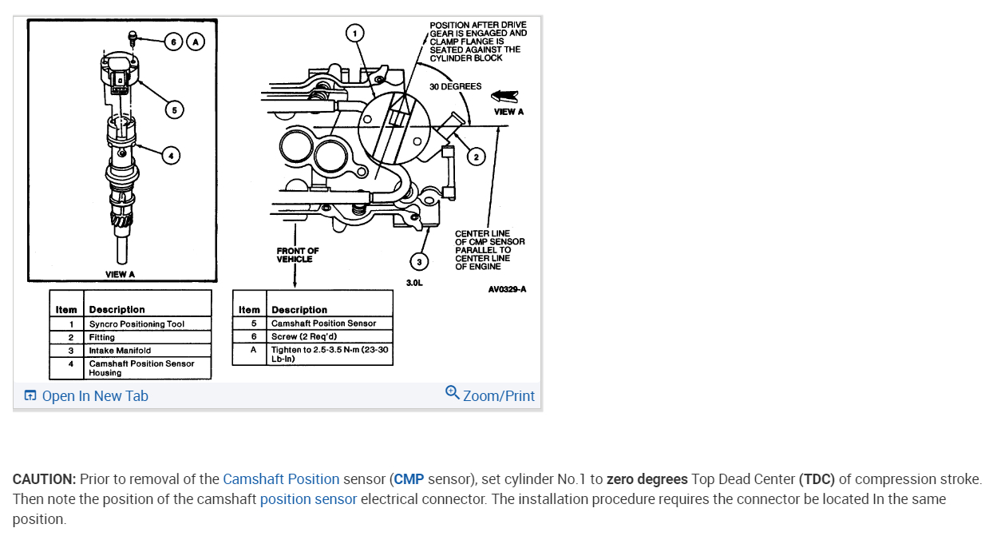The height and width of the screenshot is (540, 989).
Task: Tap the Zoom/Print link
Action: [490, 395]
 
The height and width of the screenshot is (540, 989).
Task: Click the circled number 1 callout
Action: [354, 33]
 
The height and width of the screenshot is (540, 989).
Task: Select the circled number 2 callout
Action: [475, 157]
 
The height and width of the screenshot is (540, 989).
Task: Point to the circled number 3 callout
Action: [418, 262]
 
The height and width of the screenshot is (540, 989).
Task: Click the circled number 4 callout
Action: [170, 156]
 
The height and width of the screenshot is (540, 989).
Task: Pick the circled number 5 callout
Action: [173, 109]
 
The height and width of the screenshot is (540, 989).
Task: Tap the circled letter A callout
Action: [196, 42]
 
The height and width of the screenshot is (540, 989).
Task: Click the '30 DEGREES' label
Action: [455, 86]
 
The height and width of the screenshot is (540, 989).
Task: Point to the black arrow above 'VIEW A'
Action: [504, 96]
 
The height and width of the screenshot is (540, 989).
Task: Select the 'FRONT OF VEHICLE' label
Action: [298, 255]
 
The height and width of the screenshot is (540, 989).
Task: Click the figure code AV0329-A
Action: [507, 289]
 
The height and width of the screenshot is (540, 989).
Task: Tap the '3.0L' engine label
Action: [414, 283]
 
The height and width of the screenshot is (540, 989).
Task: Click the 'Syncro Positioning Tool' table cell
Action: [136, 324]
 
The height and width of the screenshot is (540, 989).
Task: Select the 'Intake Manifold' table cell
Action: [120, 350]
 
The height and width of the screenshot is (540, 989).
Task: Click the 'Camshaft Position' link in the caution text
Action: [281, 479]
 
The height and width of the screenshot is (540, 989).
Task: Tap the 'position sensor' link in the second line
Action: [308, 499]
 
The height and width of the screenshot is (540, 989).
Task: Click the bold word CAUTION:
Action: [44, 479]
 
